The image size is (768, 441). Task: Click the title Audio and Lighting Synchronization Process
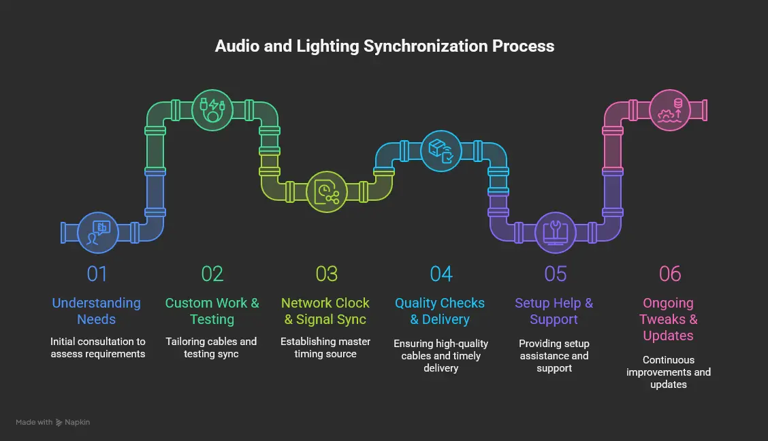[384, 46]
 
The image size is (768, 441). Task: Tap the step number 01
[97, 274]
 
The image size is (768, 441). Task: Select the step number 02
[212, 274]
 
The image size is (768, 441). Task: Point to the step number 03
[326, 274]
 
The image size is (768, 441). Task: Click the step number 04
[441, 274]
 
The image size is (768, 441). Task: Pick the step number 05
[555, 274]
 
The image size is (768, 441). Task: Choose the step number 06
[669, 274]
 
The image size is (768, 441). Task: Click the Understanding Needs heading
[97, 311]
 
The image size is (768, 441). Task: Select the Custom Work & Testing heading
[212, 311]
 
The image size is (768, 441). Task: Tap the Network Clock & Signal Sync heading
[325, 311]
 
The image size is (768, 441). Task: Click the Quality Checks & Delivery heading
[440, 311]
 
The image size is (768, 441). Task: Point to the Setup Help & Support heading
[554, 311]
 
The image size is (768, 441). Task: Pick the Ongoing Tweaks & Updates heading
[669, 319]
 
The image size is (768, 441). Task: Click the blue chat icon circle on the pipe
[98, 232]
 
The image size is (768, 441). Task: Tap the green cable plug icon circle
[212, 110]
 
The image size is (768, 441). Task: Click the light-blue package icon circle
[441, 150]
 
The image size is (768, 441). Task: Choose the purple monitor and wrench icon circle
[555, 232]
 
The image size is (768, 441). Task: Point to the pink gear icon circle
[669, 110]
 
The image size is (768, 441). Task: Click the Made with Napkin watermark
[53, 422]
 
